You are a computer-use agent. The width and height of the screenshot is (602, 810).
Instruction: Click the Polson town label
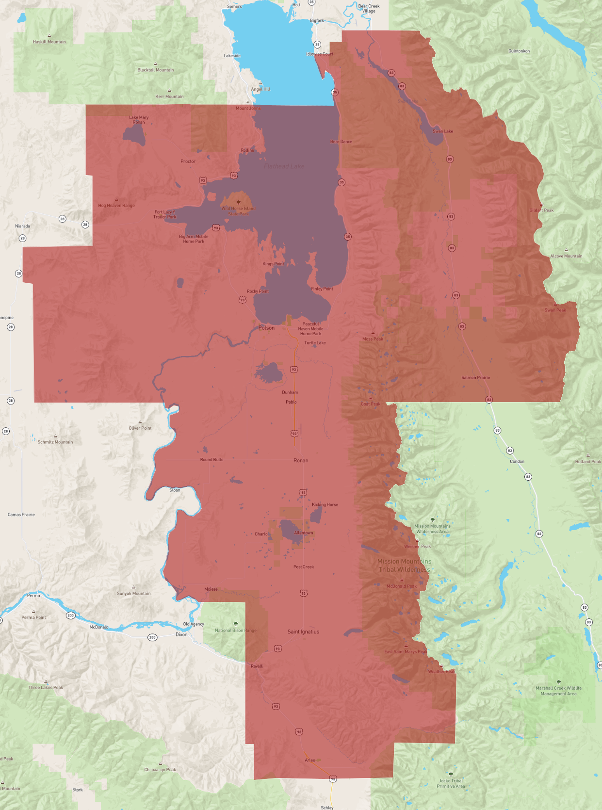pos(266,328)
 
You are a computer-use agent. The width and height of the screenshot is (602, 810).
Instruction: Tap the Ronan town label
pos(301,460)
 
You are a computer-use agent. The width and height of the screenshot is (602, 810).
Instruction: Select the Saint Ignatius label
pos(303,632)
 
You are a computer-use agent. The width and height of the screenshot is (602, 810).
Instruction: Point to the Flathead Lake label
pos(284,166)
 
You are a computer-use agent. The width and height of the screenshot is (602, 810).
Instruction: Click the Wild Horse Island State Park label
pos(238,211)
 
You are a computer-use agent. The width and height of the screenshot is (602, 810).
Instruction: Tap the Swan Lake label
pos(442,131)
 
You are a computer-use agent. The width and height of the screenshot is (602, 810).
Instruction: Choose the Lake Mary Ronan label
pos(139,120)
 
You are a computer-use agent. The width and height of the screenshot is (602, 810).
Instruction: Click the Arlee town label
pos(310,760)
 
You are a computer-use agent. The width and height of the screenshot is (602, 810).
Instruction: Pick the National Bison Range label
pos(236,631)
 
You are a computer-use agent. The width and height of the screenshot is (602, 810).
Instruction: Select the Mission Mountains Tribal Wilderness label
pos(404,566)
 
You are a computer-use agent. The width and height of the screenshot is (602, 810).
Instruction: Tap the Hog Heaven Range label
pos(116,206)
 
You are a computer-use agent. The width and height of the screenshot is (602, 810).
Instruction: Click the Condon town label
pos(517,461)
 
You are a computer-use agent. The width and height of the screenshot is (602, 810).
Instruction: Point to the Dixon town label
pos(181,634)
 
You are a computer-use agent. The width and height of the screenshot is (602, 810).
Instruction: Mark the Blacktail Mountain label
pos(155,70)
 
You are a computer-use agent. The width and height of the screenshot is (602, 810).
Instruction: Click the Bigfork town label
pos(317,20)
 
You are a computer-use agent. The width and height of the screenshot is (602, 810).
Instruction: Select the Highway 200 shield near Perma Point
pos(70,616)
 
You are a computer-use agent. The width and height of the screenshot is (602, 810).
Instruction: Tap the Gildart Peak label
pos(541,211)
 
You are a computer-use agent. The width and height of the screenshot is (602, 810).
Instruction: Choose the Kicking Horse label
pos(325,504)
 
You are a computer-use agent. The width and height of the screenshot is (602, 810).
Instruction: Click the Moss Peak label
pos(373,339)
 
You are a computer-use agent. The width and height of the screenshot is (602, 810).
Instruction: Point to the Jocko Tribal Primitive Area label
pos(451,783)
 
